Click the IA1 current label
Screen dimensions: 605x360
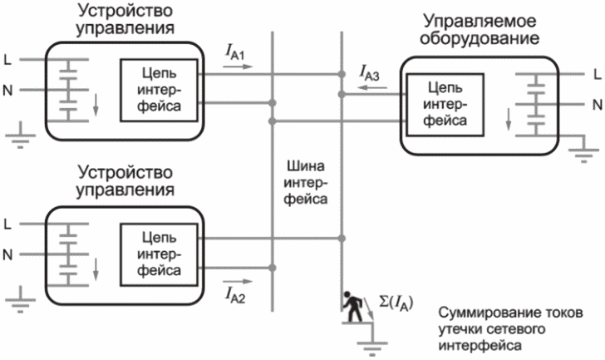tap(234, 52)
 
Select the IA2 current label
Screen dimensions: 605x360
tap(234, 295)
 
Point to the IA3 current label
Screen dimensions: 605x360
tap(369, 73)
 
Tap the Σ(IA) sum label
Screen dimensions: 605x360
tap(396, 302)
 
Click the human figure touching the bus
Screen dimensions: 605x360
tap(353, 306)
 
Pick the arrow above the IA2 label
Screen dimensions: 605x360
tap(238, 281)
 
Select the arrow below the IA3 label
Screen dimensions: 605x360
tap(372, 87)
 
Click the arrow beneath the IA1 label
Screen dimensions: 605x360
tap(238, 67)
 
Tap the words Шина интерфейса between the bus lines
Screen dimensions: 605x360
tap(306, 183)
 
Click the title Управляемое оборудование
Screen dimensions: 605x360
tap(480, 30)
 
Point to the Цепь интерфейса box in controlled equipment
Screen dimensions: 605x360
tap(445, 105)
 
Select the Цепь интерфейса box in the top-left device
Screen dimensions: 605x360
tap(159, 91)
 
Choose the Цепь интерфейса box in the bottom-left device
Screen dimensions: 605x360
tap(159, 254)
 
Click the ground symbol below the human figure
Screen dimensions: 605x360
tap(372, 348)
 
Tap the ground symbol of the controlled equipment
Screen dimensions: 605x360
tap(583, 155)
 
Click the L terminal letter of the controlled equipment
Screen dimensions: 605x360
tap(598, 74)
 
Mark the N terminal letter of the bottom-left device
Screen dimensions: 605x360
tap(7, 254)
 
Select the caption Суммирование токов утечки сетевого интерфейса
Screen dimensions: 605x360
tap(510, 329)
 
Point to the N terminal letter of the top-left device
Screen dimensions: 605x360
tap(7, 91)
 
